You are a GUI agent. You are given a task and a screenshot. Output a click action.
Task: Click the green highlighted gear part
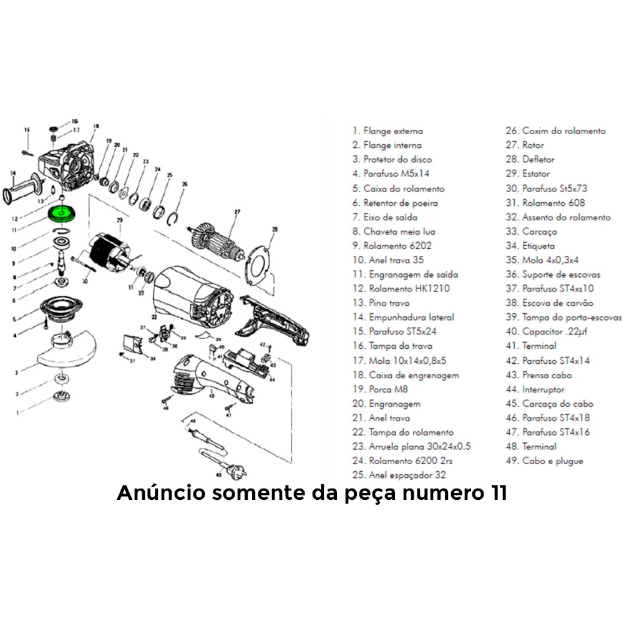coord(61,213)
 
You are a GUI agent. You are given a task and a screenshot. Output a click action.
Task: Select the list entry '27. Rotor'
coord(527,145)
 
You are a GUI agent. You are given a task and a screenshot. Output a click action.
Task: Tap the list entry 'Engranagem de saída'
coord(405,274)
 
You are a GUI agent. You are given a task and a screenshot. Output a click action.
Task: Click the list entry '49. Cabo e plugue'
coord(544,461)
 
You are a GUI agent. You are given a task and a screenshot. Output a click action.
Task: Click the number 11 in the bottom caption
coord(495,493)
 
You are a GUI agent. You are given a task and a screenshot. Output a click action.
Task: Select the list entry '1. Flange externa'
coord(388,131)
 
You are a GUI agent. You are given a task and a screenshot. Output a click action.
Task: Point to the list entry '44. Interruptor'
coord(535,389)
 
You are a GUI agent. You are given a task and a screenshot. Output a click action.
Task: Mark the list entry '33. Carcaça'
coord(530,232)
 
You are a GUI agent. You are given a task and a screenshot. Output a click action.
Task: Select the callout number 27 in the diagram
coord(236,212)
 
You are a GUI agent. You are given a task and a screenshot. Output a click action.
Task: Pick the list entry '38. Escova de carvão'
coord(549,303)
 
